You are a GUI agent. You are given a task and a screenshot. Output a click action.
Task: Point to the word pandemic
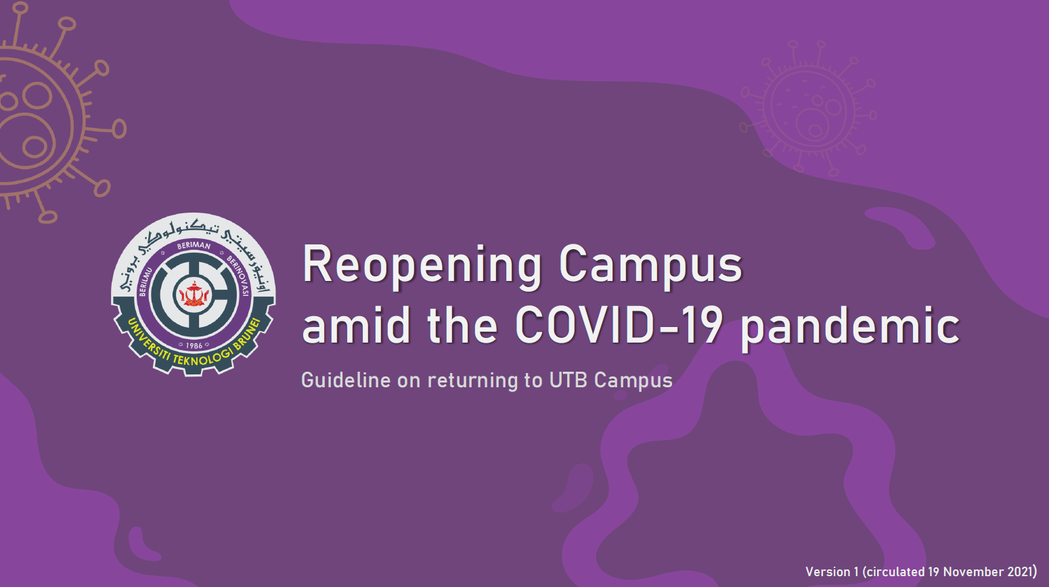[x=850, y=327]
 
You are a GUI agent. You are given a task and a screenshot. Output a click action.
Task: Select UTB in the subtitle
[x=568, y=380]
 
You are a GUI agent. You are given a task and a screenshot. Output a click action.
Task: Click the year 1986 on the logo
[x=194, y=345]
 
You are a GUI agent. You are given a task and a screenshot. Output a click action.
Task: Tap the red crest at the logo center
[x=194, y=295]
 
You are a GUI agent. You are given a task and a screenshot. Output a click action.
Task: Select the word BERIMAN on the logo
[x=194, y=245]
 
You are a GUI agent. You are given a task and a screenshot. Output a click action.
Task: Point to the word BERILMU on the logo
[x=146, y=282]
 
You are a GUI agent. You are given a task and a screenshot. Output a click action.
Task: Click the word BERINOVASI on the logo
[x=239, y=275]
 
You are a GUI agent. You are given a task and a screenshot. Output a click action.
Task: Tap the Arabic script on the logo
[x=194, y=244]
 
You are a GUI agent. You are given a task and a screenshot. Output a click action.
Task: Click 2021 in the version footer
[x=1021, y=571]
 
